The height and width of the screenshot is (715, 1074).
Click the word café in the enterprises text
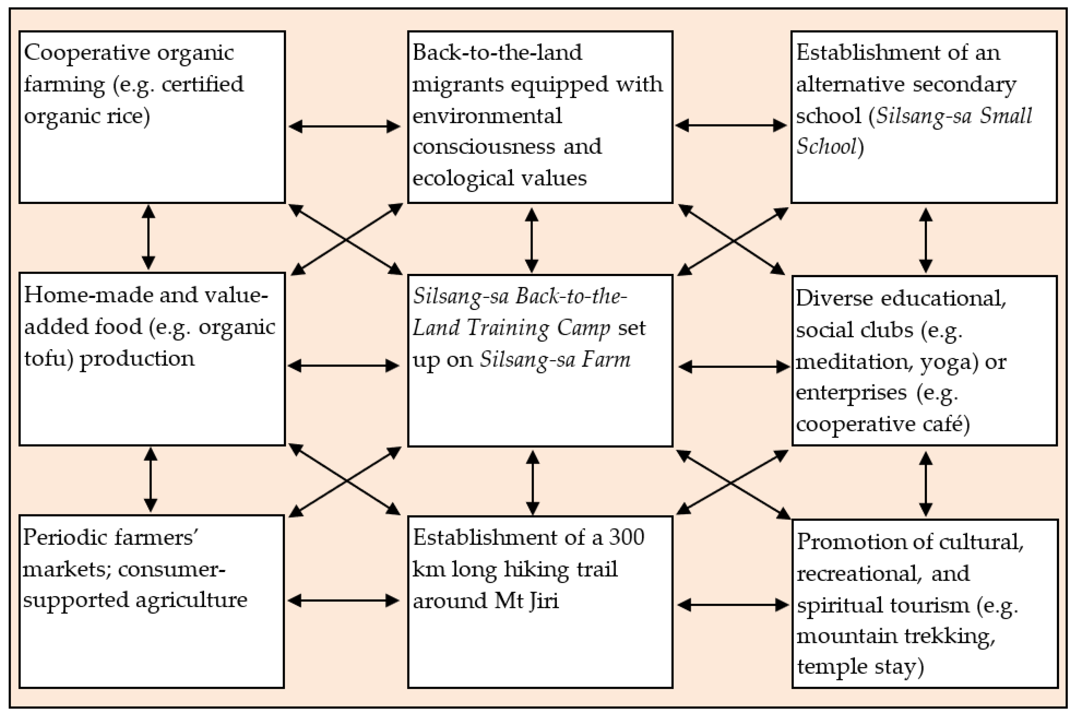pyautogui.click(x=946, y=424)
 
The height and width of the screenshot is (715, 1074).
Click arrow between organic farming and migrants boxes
pyautogui.click(x=345, y=126)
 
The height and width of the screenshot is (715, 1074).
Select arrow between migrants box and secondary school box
pyautogui.click(x=731, y=125)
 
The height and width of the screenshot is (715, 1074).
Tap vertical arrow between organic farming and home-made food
pyautogui.click(x=148, y=237)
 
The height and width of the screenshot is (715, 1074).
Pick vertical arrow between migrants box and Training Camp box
pyautogui.click(x=531, y=240)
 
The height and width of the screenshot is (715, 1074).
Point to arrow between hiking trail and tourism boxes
pyautogui.click(x=733, y=605)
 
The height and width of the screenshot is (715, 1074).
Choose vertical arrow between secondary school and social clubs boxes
pyautogui.click(x=925, y=240)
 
